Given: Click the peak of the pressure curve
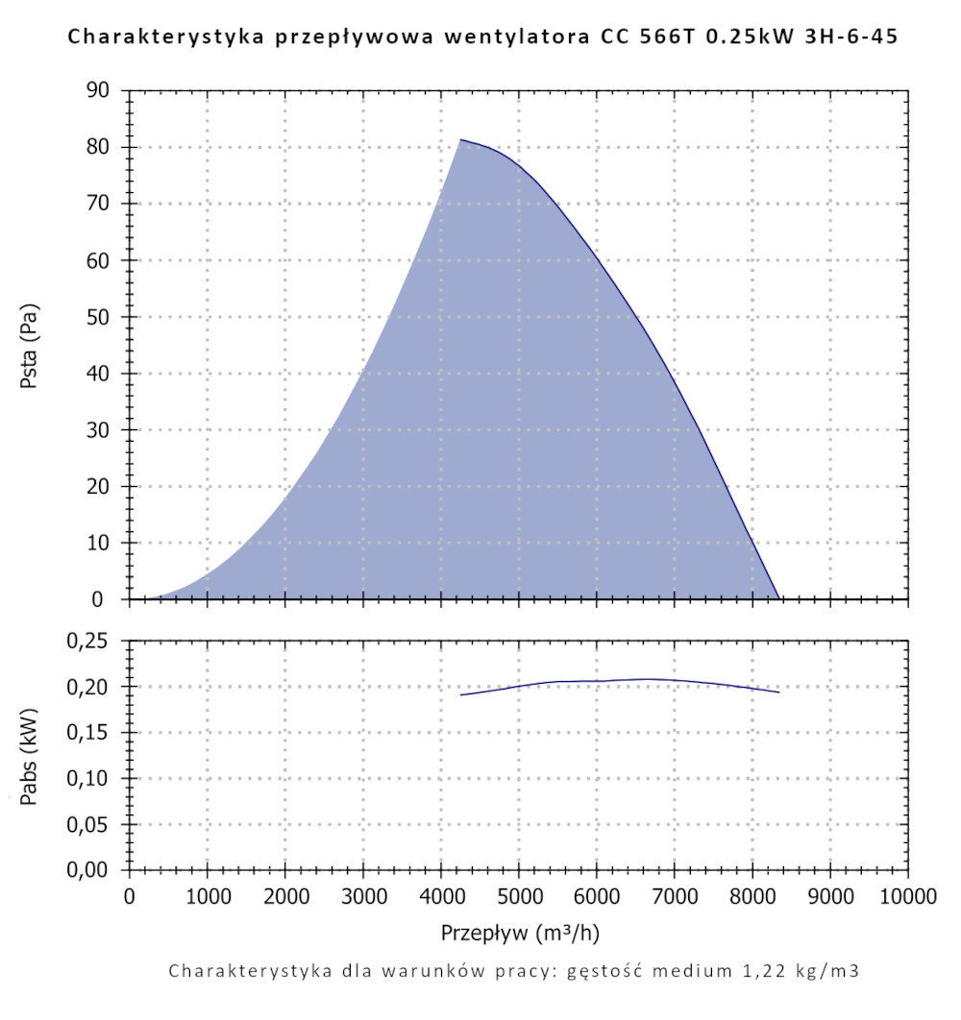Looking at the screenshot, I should point(460,140).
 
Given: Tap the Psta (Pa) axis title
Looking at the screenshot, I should point(29,345).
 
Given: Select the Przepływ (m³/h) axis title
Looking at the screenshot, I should point(521,933).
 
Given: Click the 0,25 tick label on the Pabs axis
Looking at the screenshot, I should point(93,641).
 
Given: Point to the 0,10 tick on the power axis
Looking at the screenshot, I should point(93,779).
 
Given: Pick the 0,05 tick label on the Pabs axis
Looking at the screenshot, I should point(93,825).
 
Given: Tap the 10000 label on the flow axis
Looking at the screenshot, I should point(907,897).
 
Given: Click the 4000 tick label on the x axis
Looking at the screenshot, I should point(441,897).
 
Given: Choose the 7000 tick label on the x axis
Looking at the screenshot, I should point(675,897).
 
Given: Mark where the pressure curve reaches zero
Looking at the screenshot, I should point(778,598).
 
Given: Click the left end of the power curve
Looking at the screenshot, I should point(460,694).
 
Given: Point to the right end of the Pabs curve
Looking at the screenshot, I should point(778,692).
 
